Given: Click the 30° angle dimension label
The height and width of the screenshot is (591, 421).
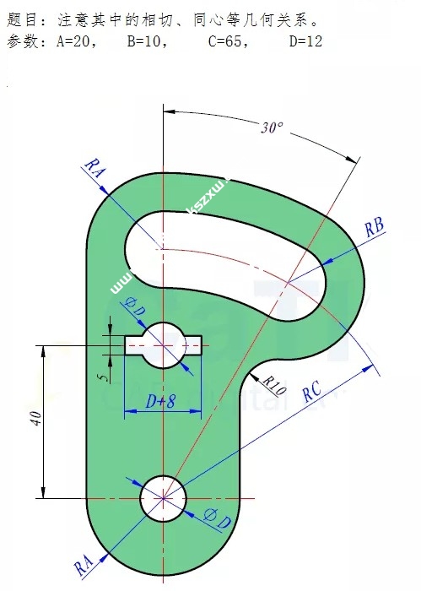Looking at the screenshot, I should click(x=272, y=128).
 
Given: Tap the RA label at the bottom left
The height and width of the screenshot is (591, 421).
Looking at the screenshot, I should click(x=83, y=565).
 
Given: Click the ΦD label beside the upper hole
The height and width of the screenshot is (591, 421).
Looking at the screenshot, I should click(x=135, y=307).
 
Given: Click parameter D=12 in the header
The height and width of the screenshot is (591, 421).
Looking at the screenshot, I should click(x=305, y=41).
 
